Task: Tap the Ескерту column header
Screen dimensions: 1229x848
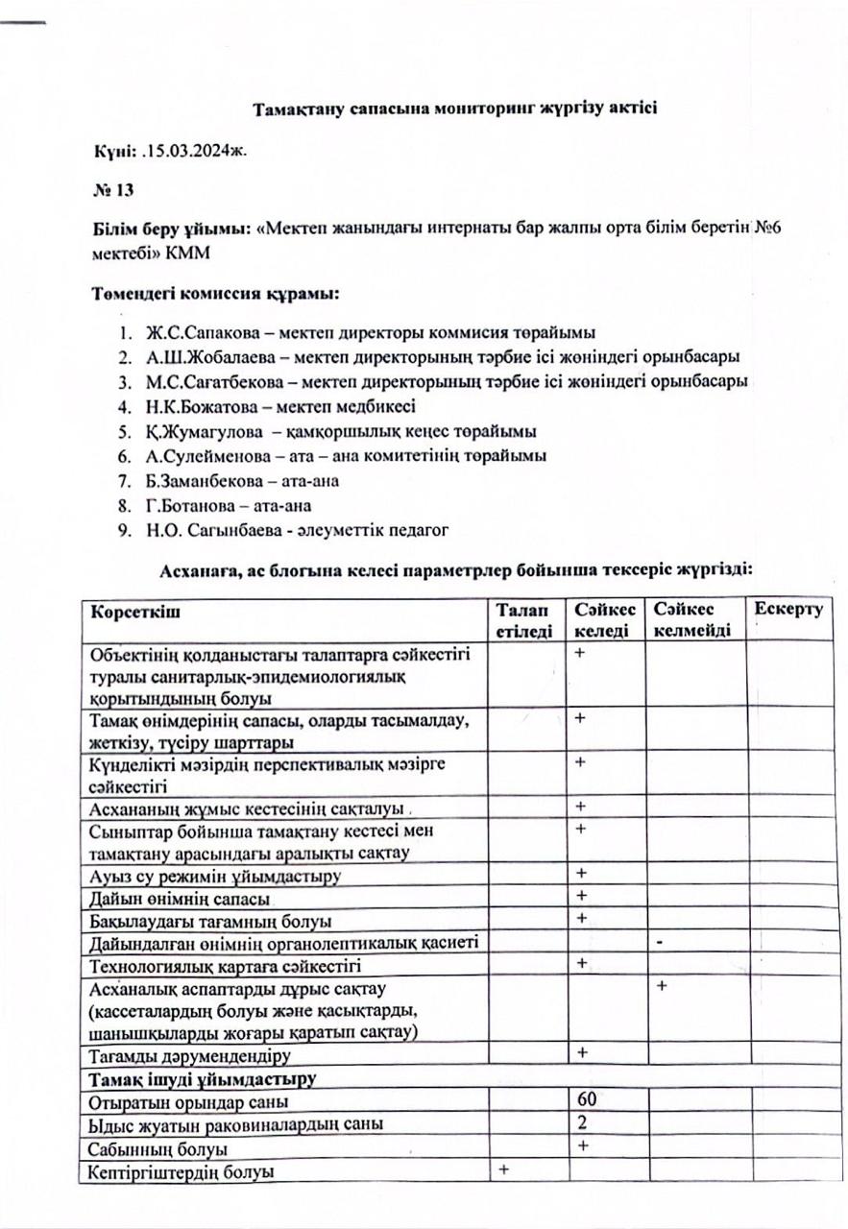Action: pyautogui.click(x=788, y=611)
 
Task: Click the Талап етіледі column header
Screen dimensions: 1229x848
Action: pyautogui.click(x=524, y=620)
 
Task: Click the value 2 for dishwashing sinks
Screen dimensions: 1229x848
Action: pyautogui.click(x=582, y=1123)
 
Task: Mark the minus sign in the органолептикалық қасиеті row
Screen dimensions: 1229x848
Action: pyautogui.click(x=661, y=942)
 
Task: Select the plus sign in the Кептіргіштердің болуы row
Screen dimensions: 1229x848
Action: pyautogui.click(x=502, y=1169)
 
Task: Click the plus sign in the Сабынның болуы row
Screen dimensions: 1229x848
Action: pyautogui.click(x=582, y=1145)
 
